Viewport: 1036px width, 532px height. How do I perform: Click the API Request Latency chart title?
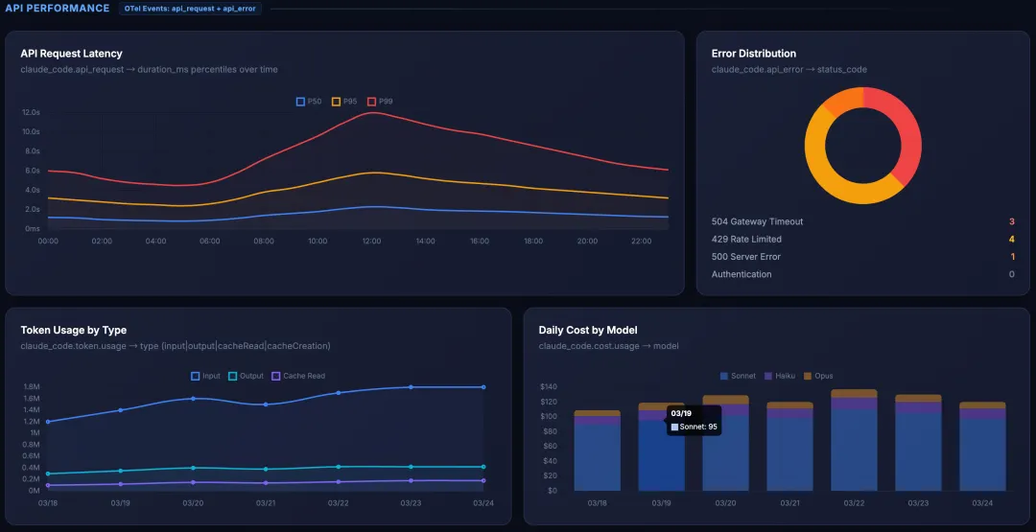(x=71, y=54)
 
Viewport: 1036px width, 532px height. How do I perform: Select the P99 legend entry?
(x=380, y=102)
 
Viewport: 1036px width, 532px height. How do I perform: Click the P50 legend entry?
(x=309, y=102)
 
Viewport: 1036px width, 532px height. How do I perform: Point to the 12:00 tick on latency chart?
(x=371, y=242)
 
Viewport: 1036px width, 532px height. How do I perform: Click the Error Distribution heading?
(x=753, y=54)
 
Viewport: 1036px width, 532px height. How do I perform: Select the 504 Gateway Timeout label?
(x=757, y=221)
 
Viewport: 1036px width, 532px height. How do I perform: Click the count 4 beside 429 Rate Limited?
(x=1011, y=239)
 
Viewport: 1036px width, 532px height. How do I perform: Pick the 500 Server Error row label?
(x=745, y=257)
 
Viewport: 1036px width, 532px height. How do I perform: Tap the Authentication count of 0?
(x=1011, y=274)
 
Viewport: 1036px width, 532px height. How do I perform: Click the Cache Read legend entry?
(x=298, y=376)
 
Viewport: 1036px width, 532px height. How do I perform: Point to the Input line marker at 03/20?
(x=193, y=398)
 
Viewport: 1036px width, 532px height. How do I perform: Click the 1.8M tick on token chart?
(x=32, y=386)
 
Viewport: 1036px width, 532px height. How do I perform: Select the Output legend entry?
(x=246, y=376)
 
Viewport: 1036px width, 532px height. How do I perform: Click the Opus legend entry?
(x=818, y=376)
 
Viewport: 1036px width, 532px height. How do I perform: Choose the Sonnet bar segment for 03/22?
(x=854, y=451)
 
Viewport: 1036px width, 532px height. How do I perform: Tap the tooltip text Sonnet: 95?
(x=697, y=427)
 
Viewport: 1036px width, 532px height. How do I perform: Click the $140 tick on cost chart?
(x=549, y=386)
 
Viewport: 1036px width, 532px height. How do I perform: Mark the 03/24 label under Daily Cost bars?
(x=982, y=503)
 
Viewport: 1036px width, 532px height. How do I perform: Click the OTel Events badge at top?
(x=192, y=9)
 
